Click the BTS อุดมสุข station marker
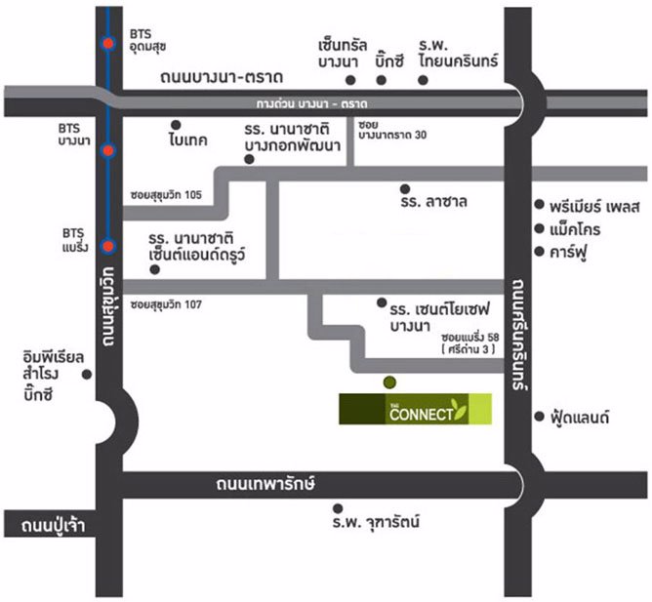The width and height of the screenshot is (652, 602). pyautogui.click(x=109, y=42)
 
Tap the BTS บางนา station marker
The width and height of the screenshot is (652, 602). pyautogui.click(x=109, y=151)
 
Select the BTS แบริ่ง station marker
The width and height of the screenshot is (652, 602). pyautogui.click(x=109, y=246)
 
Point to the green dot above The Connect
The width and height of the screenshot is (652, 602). pyautogui.click(x=390, y=381)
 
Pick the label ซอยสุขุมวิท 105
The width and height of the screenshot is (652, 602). pyautogui.click(x=165, y=194)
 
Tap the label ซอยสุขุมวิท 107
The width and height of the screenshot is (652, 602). pyautogui.click(x=165, y=305)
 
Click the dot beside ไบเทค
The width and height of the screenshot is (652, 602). pyautogui.click(x=176, y=124)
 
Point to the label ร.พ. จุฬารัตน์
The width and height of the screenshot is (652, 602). pyautogui.click(x=375, y=523)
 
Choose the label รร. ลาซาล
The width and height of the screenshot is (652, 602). pyautogui.click(x=433, y=203)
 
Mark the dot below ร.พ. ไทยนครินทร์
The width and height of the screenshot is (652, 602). pyautogui.click(x=423, y=80)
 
